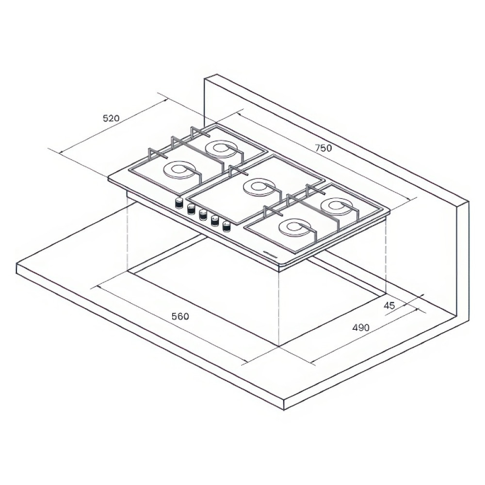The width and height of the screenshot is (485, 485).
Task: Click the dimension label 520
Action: (x=111, y=118)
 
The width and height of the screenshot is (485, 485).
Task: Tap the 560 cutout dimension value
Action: (x=180, y=316)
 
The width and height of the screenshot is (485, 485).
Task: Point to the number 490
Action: (x=361, y=327)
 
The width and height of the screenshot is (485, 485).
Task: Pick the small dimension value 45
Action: (x=389, y=306)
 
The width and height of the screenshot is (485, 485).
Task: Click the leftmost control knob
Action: (x=179, y=203)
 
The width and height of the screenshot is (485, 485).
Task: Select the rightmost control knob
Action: (x=226, y=226)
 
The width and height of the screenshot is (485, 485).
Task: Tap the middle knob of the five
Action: (x=203, y=215)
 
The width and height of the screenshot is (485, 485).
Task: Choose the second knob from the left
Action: (x=191, y=209)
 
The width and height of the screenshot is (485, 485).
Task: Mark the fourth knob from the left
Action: (x=214, y=221)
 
